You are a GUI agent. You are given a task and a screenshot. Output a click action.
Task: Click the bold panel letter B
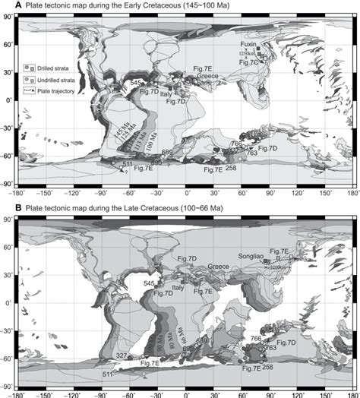pos(8,207)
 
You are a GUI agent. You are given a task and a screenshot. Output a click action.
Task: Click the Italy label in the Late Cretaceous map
pos(179,288)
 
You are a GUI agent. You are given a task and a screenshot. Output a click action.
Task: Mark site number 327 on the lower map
pos(121,355)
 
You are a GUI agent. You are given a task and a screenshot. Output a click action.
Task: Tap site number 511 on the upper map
pos(128,164)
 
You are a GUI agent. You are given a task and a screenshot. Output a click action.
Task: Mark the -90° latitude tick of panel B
pos(7,385)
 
